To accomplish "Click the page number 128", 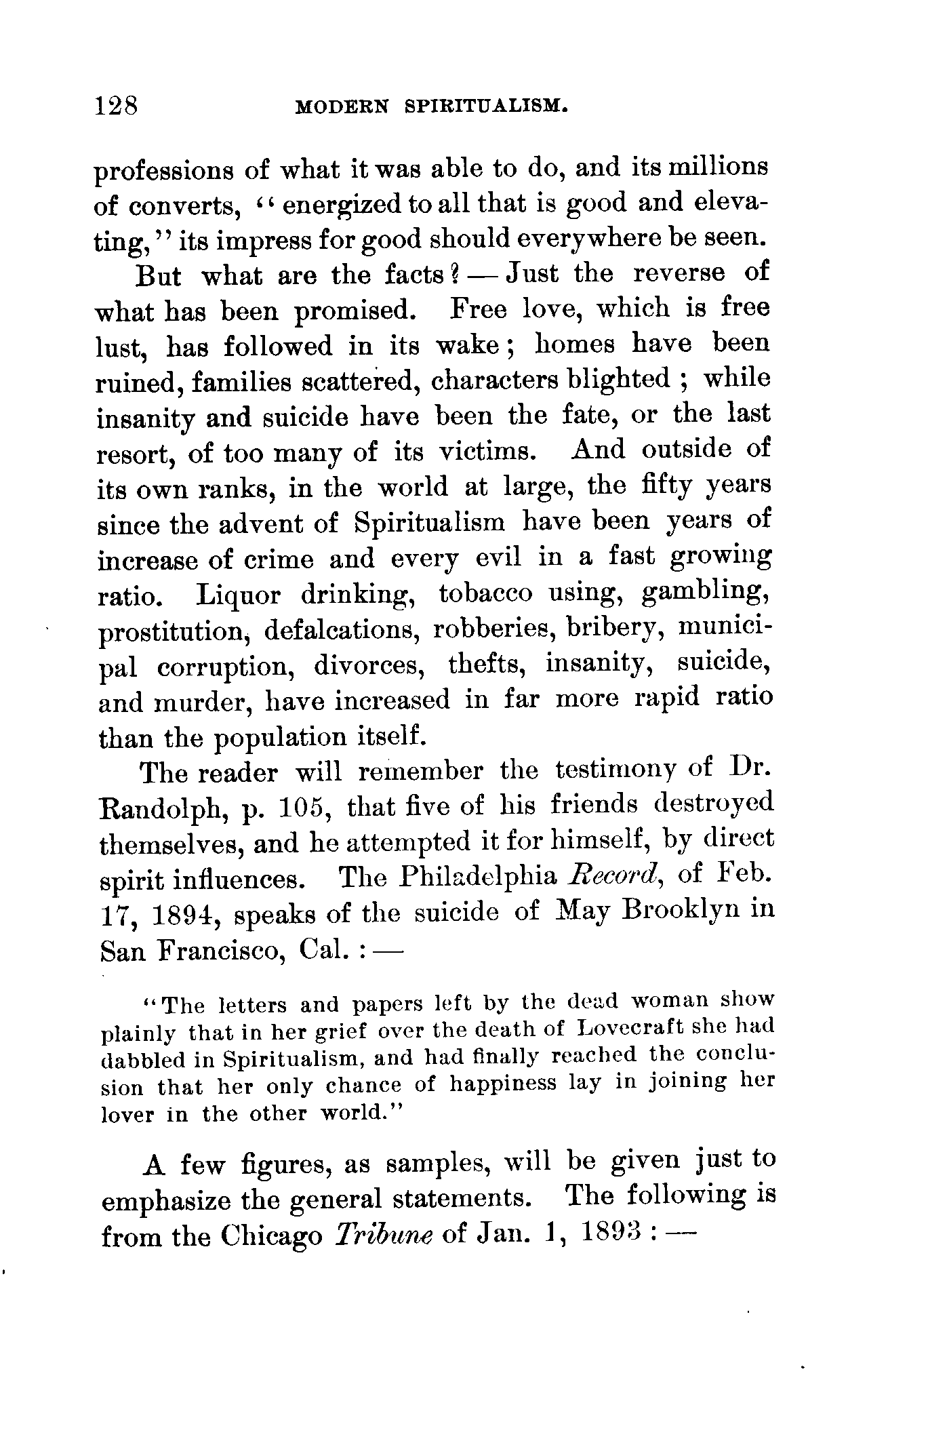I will click(117, 106).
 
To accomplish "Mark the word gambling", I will click(705, 593).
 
